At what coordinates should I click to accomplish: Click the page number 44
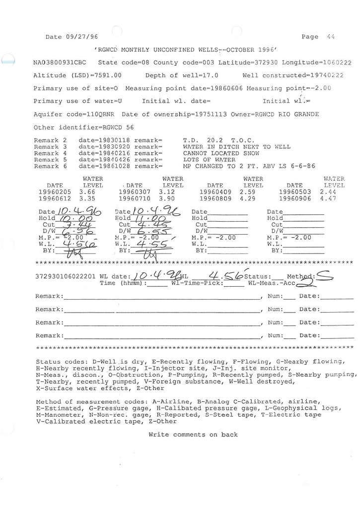331,37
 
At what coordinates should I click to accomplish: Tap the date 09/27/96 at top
81,37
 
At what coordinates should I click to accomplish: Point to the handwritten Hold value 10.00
72,218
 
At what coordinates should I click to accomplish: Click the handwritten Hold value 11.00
153,218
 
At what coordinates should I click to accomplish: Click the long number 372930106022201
66,276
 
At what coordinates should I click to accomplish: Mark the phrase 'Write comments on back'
193,435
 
